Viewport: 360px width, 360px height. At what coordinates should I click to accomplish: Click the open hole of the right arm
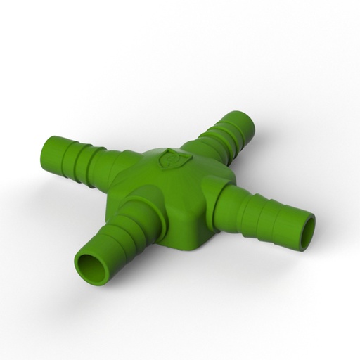coord(307,233)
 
